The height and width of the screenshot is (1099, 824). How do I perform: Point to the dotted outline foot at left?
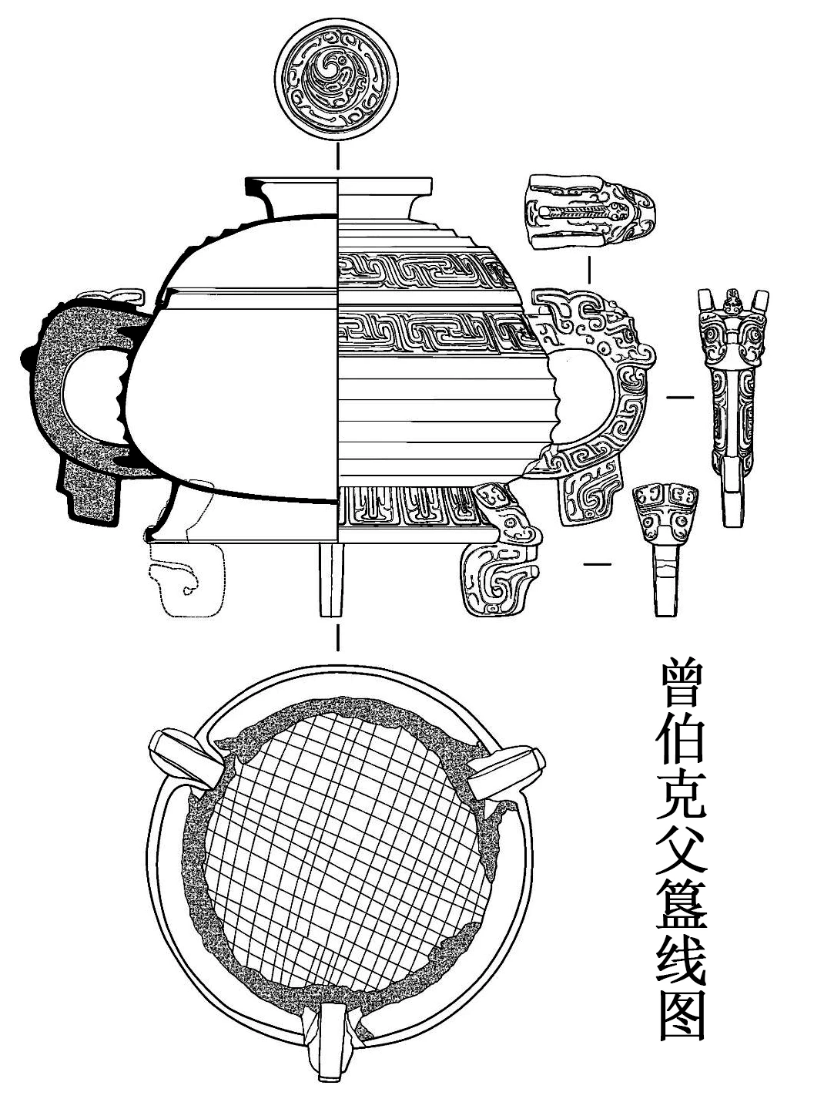[185, 578]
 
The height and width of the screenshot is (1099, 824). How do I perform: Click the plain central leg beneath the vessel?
[330, 578]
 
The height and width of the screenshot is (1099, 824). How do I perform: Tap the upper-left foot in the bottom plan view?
[185, 759]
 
